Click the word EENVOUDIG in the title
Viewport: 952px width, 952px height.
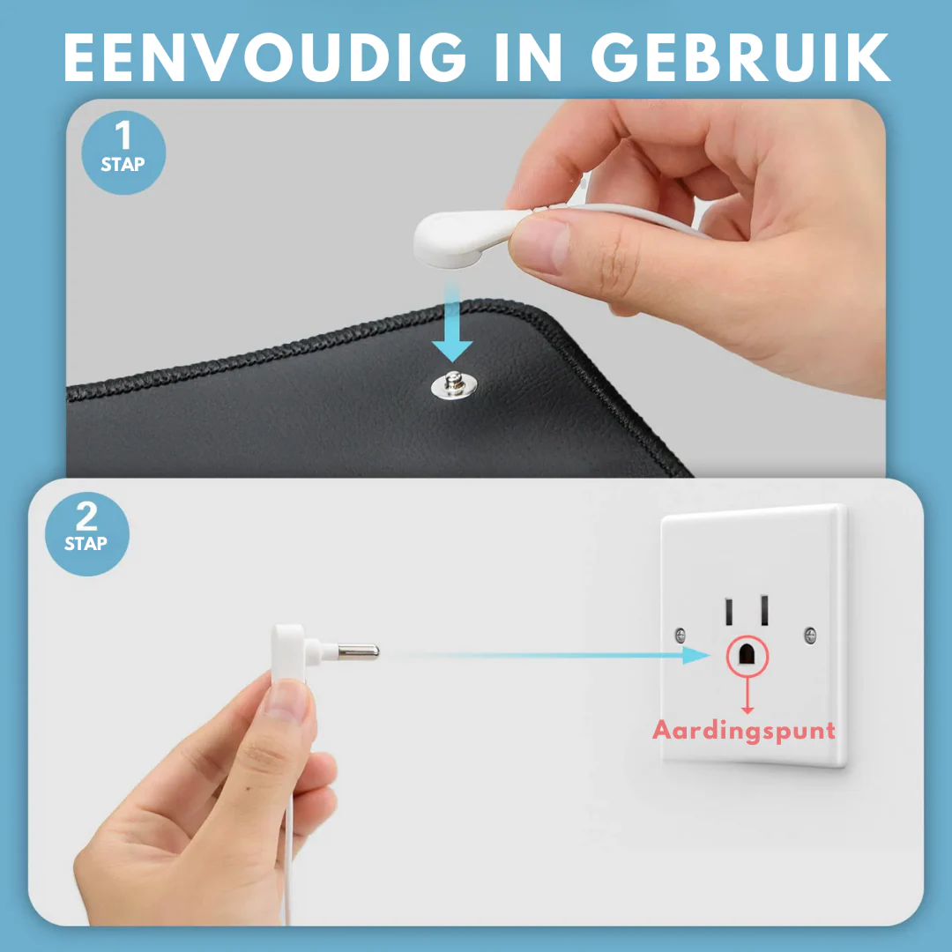point(264,57)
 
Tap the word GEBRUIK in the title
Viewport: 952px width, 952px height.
point(740,57)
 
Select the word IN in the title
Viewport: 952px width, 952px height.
point(528,57)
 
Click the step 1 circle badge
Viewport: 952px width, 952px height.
point(123,152)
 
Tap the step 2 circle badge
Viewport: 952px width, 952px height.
point(86,533)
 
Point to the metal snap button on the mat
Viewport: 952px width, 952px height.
point(454,385)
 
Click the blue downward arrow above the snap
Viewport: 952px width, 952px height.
point(451,322)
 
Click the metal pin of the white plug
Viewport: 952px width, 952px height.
point(358,652)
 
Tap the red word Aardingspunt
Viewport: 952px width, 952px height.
point(744,731)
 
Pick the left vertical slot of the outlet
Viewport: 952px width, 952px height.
point(729,612)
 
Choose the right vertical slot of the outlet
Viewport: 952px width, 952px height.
point(764,610)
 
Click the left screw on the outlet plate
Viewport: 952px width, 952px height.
point(681,636)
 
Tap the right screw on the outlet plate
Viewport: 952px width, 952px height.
point(810,636)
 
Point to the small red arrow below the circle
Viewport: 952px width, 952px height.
point(747,695)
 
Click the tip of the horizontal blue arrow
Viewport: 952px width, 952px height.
point(709,655)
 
